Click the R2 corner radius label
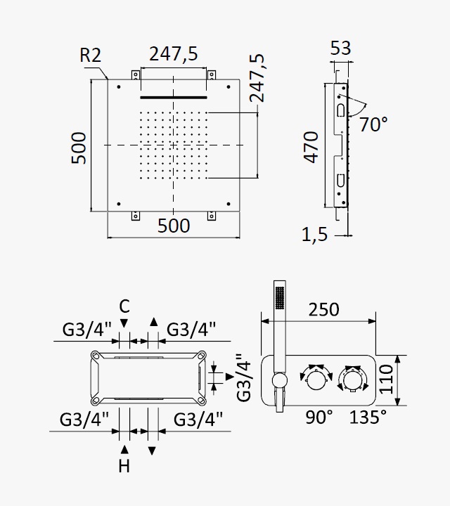click(x=91, y=55)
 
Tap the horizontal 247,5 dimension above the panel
click(x=174, y=53)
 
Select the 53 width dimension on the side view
click(x=340, y=48)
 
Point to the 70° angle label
click(x=373, y=124)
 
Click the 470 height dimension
click(x=311, y=147)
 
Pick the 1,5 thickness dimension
click(x=314, y=234)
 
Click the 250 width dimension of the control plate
click(x=323, y=309)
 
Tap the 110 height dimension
click(x=387, y=379)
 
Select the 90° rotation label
click(x=319, y=417)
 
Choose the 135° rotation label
click(x=368, y=417)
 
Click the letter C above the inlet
click(x=124, y=306)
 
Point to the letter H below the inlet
click(x=124, y=466)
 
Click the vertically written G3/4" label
click(x=244, y=377)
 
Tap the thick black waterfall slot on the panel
click(x=174, y=97)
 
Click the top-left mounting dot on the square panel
click(x=119, y=87)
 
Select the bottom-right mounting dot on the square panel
click(x=229, y=204)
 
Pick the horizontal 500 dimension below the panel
click(x=174, y=226)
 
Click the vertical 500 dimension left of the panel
click(x=79, y=148)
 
